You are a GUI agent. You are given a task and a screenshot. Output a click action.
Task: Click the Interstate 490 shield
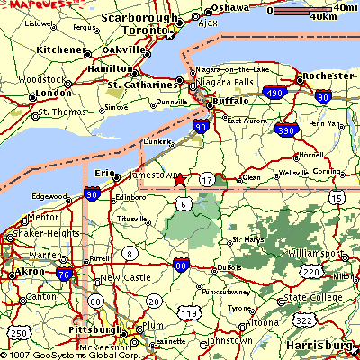[276, 92]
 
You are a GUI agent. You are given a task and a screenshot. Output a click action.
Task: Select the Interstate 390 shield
[288, 131]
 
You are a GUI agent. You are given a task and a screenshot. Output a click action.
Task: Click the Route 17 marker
[207, 180]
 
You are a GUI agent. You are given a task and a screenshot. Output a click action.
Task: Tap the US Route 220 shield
[310, 270]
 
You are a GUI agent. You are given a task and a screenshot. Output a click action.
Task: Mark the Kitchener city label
[61, 49]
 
